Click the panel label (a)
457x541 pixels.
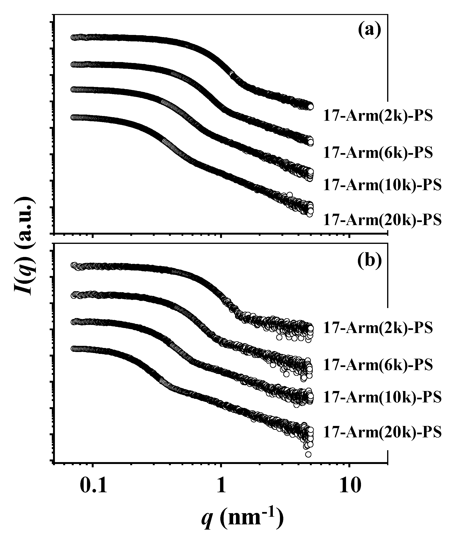[370, 30]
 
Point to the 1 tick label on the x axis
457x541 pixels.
[221, 486]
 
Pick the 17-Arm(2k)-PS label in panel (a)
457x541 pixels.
[378, 116]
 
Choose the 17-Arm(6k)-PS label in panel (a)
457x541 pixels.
[378, 152]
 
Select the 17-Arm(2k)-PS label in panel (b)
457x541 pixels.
[378, 328]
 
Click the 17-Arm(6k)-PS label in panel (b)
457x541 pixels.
[378, 365]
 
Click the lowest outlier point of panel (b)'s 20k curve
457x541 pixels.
[308, 454]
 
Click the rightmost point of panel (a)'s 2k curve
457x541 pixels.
[311, 106]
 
